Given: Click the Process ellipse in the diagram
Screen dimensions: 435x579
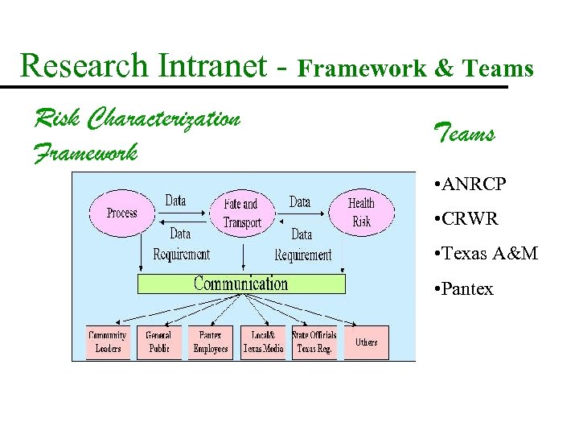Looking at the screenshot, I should click(x=122, y=213).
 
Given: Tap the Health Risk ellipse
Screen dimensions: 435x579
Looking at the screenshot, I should click(x=361, y=212).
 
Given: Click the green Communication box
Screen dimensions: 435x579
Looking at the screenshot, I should click(x=241, y=284).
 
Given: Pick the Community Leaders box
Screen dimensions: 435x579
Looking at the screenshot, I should click(x=107, y=342).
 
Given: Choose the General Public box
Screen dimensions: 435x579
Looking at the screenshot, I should click(x=158, y=342).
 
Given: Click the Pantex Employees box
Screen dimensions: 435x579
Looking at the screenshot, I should click(x=211, y=342).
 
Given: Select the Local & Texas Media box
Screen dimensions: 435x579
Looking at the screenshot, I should click(x=263, y=342).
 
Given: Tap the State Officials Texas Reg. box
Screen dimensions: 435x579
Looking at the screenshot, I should click(x=314, y=342).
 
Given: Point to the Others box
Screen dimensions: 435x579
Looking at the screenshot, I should click(x=366, y=342).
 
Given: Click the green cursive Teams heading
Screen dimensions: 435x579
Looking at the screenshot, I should click(x=463, y=131).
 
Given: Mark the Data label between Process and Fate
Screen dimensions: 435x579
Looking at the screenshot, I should click(x=175, y=200).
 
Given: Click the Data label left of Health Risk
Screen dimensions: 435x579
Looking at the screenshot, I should click(x=300, y=201).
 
